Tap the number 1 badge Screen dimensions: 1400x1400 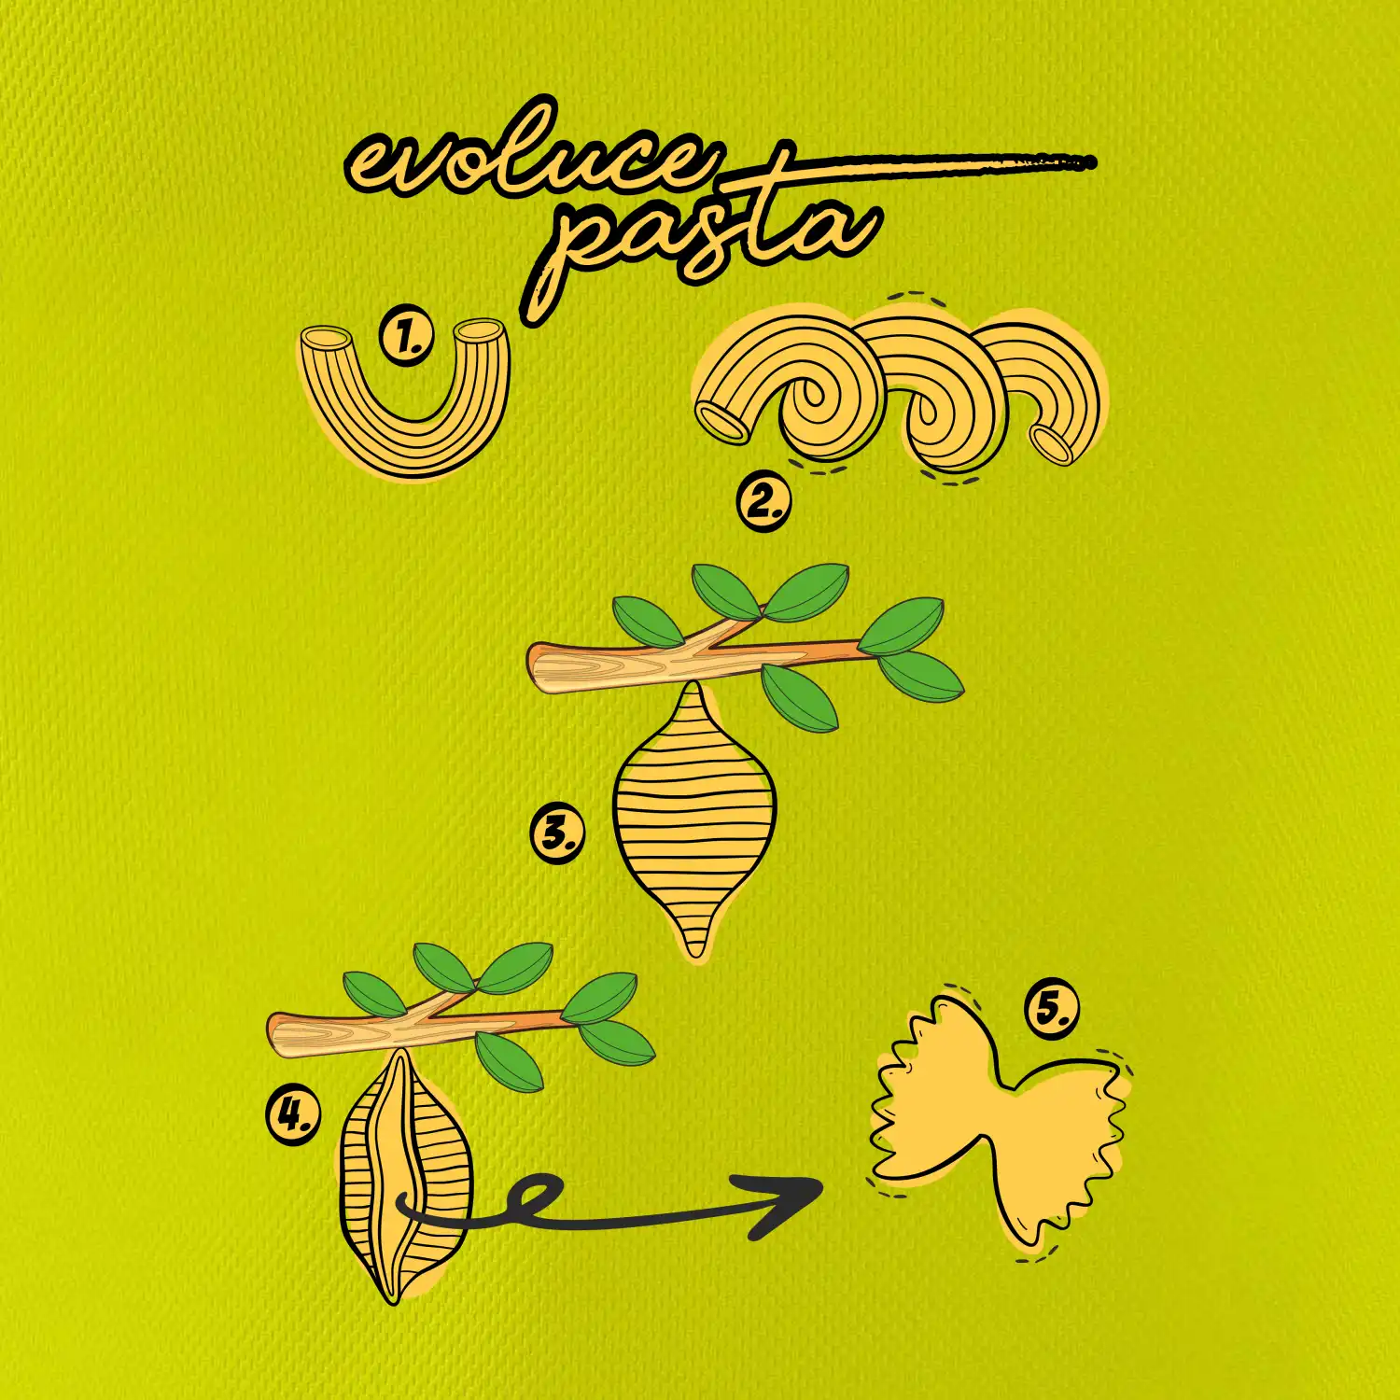(407, 338)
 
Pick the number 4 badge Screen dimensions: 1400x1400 (293, 1116)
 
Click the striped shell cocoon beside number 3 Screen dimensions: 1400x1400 (695, 821)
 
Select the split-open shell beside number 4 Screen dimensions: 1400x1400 (404, 1176)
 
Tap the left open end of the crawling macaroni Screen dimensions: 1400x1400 (723, 421)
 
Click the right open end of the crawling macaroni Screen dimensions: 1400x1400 (1053, 444)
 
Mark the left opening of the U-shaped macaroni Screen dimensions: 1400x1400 (327, 338)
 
